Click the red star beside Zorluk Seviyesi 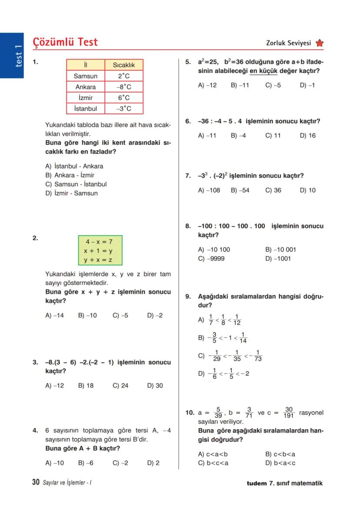coord(320,43)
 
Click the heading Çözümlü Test coord(65,42)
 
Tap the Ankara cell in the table coord(85,87)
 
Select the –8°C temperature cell coord(123,87)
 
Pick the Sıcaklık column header coord(123,65)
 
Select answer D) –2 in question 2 coord(155,315)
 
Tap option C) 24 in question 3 coord(120,385)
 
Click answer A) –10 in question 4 coord(54,463)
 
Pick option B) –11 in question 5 coord(240,85)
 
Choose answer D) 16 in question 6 coord(308,136)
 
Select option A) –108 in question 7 coord(209,190)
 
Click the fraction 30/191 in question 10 coord(289,412)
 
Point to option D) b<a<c coord(280,463)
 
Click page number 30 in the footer coord(36,482)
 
